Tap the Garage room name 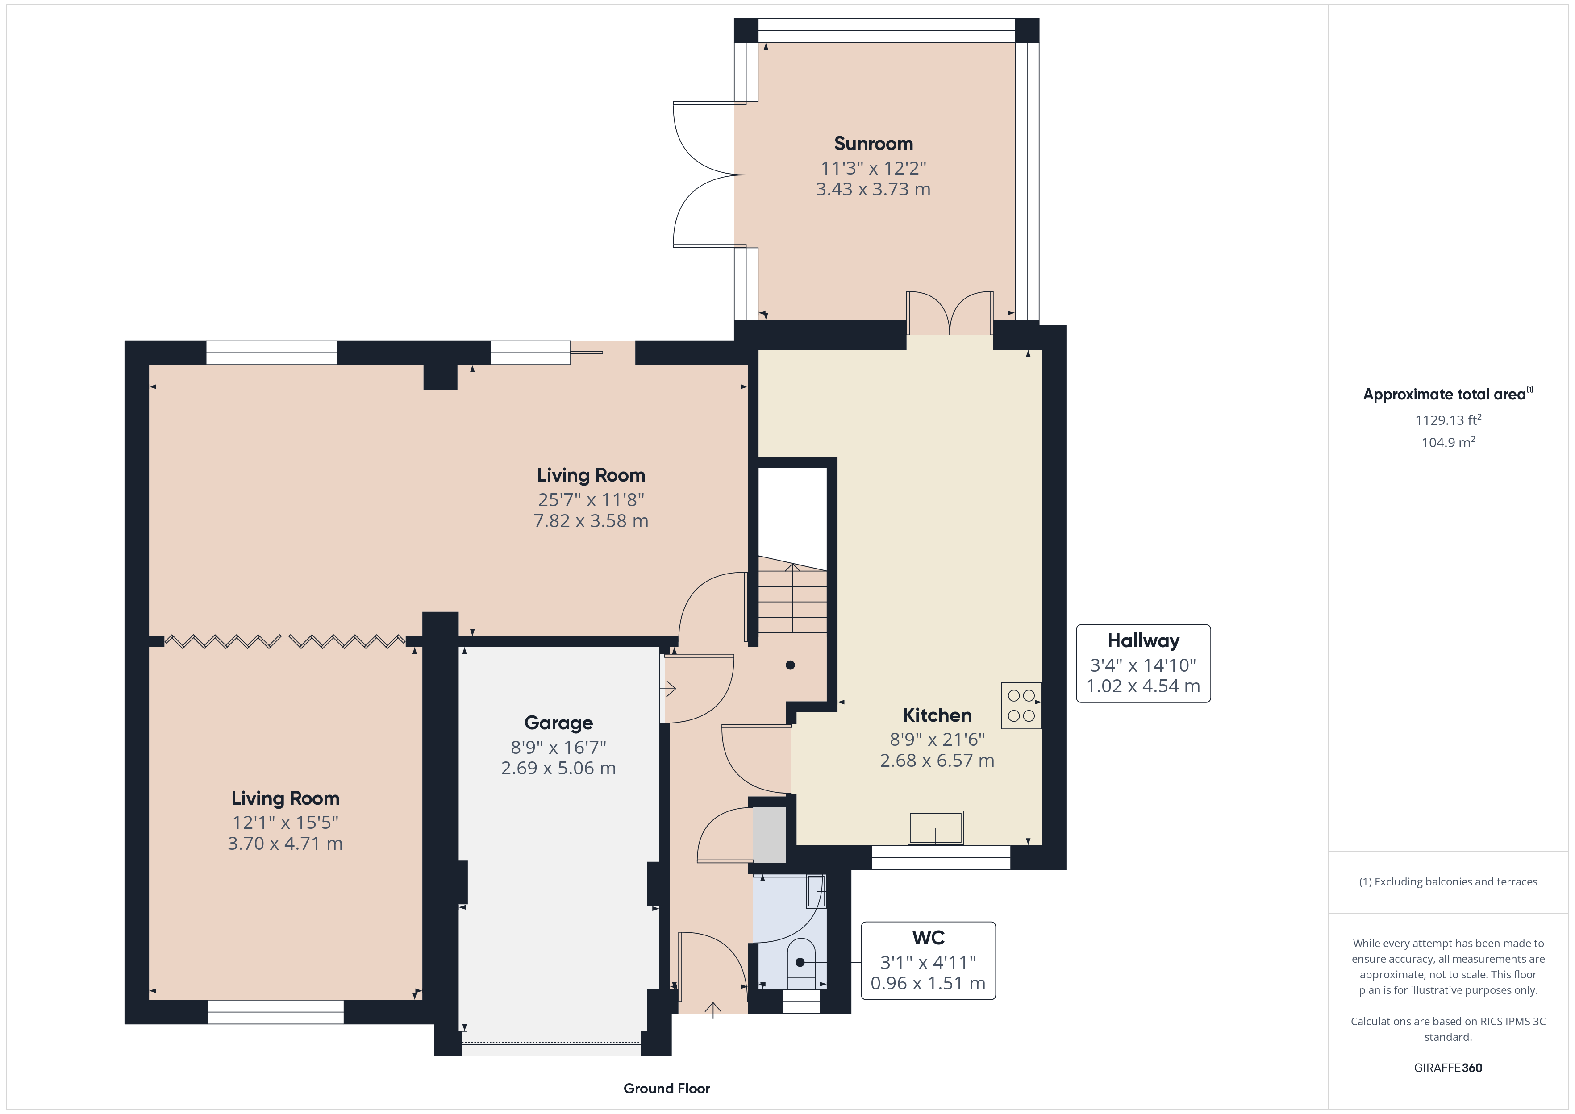558,723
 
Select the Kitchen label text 937,715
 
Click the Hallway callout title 1143,641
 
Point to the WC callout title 928,938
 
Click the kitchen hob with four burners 1021,705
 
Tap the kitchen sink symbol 936,827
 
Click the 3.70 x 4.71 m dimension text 285,844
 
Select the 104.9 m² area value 1448,442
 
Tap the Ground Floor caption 667,1089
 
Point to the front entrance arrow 713,1010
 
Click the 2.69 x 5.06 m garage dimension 558,768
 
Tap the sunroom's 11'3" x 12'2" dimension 873,168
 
